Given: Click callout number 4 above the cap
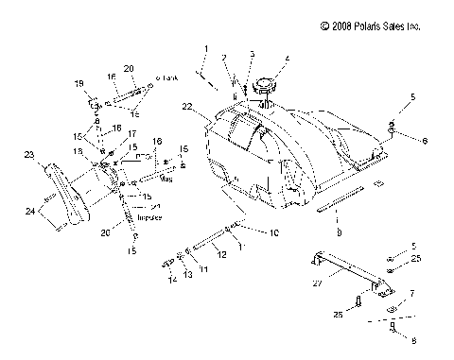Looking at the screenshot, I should tap(288, 60).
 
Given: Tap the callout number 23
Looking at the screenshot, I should tap(29, 155).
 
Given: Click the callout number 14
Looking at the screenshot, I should tap(171, 281).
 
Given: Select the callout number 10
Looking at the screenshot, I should tap(249, 232).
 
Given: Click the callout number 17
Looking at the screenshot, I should tap(132, 134).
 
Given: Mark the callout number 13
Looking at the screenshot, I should tap(186, 274).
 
